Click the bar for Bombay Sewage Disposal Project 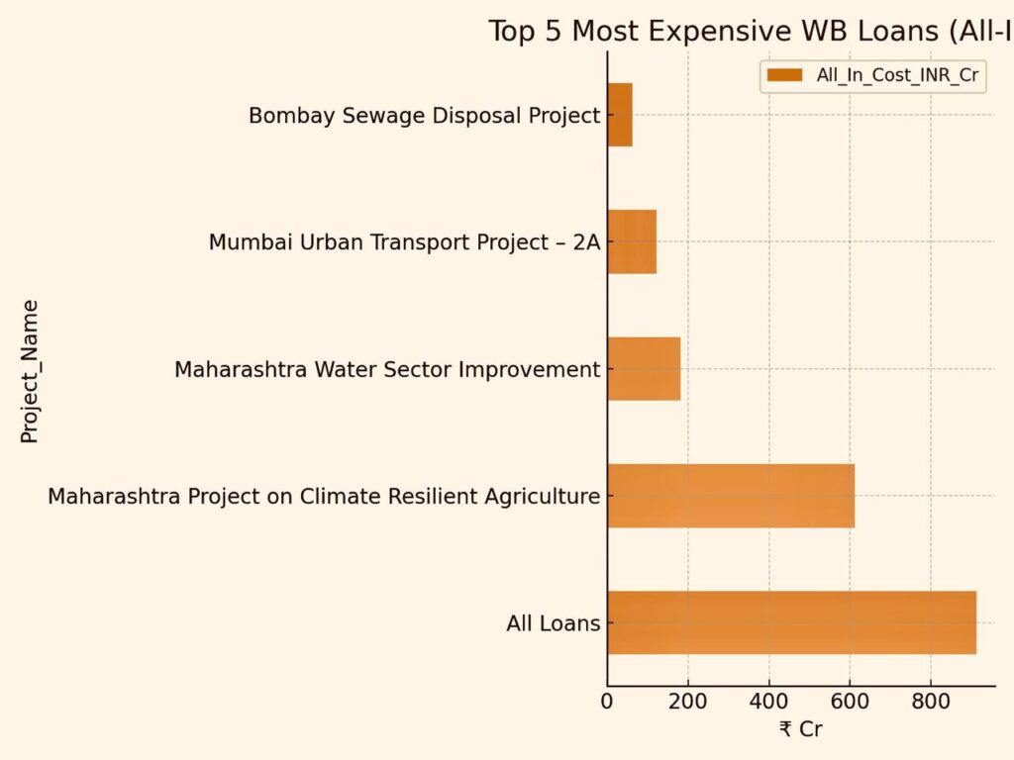click(620, 115)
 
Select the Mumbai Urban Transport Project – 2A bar click(632, 241)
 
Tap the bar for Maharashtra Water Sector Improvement click(644, 368)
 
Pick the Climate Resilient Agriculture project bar click(731, 495)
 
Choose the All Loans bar click(791, 622)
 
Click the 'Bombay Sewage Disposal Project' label click(424, 116)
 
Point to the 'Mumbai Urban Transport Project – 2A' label click(404, 242)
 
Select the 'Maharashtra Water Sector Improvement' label click(387, 369)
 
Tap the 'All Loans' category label click(553, 623)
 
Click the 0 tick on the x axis click(608, 703)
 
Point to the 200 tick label click(688, 703)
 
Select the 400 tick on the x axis click(769, 703)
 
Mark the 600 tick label click(850, 703)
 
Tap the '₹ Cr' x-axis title click(800, 730)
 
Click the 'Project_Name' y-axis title click(30, 371)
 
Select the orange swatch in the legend click(784, 75)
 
